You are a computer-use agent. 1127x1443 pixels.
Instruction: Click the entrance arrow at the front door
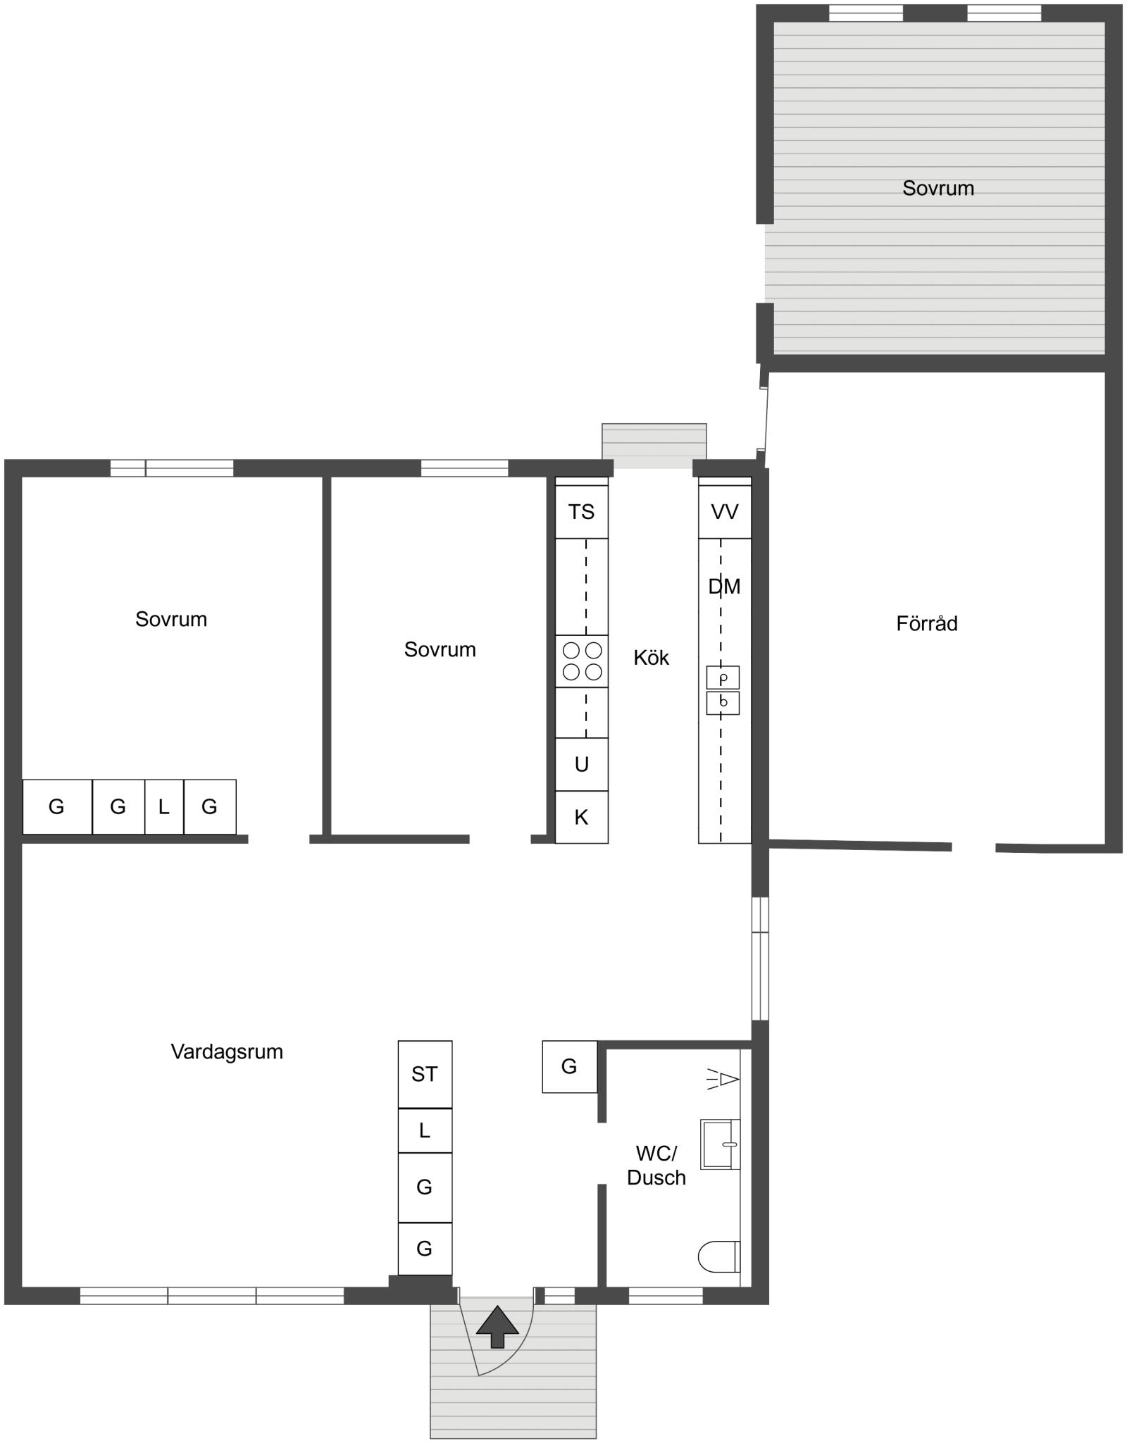[x=497, y=1327]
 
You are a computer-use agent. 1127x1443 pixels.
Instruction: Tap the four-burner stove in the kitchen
[x=582, y=661]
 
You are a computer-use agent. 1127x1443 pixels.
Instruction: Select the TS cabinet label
[x=581, y=512]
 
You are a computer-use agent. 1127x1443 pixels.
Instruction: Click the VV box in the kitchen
[x=725, y=512]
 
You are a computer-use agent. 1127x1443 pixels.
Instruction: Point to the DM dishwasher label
[x=724, y=586]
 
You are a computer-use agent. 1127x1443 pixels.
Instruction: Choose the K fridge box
[x=582, y=817]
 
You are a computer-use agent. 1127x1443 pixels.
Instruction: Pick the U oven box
[x=582, y=764]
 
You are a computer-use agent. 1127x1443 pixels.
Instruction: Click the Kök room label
[x=651, y=658]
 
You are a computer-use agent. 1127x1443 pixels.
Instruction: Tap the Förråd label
[x=927, y=623]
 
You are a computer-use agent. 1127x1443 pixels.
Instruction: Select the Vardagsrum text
[x=227, y=1051]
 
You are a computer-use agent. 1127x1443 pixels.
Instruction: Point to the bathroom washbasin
[x=721, y=1144]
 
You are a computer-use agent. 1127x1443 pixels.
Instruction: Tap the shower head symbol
[x=723, y=1079]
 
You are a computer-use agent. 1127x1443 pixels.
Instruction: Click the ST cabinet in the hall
[x=425, y=1074]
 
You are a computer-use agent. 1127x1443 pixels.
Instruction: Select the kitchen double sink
[x=723, y=690]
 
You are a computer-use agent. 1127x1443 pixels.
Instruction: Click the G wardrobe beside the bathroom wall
[x=569, y=1066]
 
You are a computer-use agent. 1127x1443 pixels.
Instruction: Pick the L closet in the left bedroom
[x=164, y=806]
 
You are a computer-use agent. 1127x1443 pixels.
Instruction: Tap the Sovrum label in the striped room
[x=938, y=188]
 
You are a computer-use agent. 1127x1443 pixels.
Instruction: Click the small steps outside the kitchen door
[x=654, y=445]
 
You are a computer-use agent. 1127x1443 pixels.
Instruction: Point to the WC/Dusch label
[x=656, y=1166]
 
